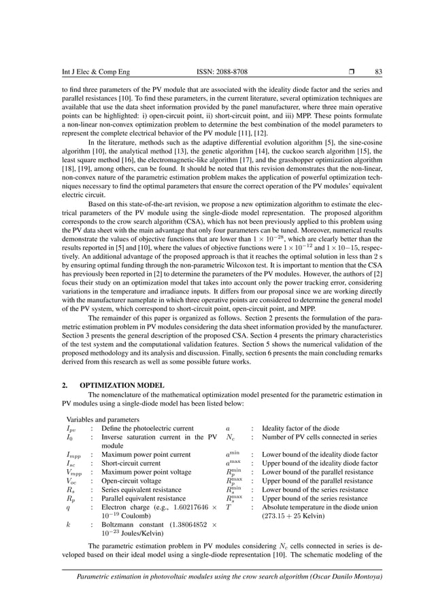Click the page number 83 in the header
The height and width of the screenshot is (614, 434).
(x=378, y=71)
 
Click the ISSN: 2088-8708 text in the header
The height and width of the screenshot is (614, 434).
(x=216, y=71)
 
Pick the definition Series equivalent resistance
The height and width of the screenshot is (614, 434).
(x=144, y=489)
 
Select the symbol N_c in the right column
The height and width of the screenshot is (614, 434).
(x=231, y=437)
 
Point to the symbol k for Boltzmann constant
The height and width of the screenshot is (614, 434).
(x=69, y=525)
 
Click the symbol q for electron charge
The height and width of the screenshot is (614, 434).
(x=69, y=507)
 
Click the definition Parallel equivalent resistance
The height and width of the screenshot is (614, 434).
(x=146, y=498)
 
